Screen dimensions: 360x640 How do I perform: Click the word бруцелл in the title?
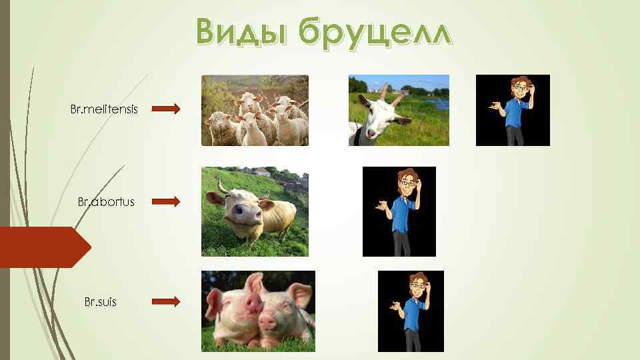point(374,31)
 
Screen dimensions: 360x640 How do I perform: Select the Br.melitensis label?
point(104,109)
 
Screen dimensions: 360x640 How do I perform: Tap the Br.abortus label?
point(105,201)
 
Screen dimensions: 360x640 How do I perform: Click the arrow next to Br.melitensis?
point(166,109)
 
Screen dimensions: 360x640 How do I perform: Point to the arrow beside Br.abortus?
point(166,201)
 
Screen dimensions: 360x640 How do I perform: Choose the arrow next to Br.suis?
point(166,302)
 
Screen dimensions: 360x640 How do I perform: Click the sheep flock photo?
point(255,111)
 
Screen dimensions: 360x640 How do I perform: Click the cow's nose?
point(239,212)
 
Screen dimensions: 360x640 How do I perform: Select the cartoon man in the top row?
point(513,110)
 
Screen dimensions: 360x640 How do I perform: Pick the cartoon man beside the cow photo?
point(399,211)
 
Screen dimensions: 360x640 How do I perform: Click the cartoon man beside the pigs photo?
point(411,311)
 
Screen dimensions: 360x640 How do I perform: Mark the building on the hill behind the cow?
point(261,171)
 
